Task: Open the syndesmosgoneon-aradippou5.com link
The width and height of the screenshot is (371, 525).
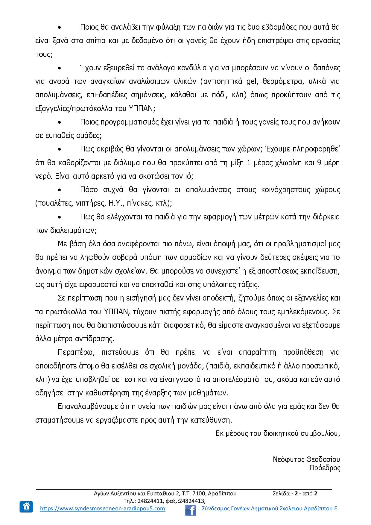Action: pos(102,509)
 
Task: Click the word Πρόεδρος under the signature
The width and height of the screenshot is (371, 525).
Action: pos(325,468)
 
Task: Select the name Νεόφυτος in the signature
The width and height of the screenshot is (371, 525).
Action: pos(288,459)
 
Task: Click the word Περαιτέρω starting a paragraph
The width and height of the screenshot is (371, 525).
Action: pos(76,352)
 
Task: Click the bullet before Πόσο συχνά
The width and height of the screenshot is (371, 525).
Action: pos(60,190)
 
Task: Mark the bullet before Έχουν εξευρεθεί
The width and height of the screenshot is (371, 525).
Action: pos(60,68)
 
